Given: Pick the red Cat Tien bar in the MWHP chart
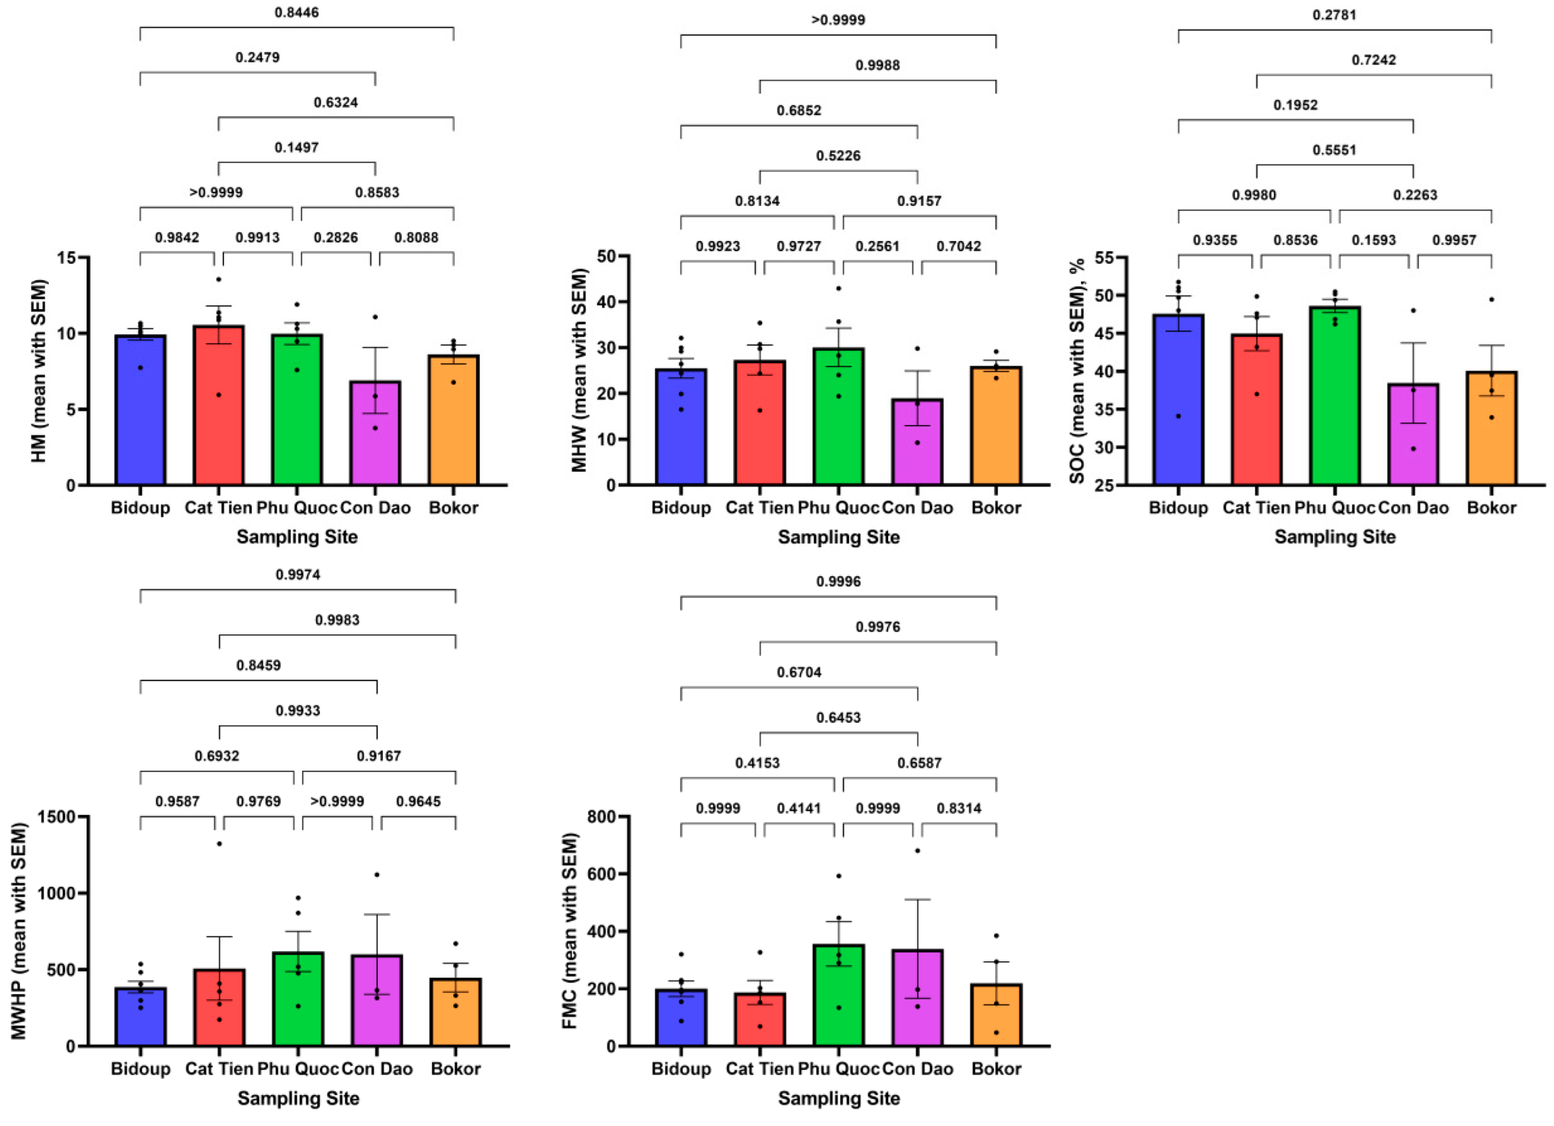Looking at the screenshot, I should (219, 1008).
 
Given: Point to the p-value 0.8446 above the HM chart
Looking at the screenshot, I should (297, 12).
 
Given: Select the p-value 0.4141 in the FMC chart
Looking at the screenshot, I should (798, 808).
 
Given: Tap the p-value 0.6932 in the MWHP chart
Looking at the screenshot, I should (217, 756).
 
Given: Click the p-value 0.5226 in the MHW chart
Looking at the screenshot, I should (838, 156).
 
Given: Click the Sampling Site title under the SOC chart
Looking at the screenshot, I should (1335, 537).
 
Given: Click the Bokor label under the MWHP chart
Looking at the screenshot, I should (456, 1069).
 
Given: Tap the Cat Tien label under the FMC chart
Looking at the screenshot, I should (759, 1069).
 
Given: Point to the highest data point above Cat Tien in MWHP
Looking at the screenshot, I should (219, 844).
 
